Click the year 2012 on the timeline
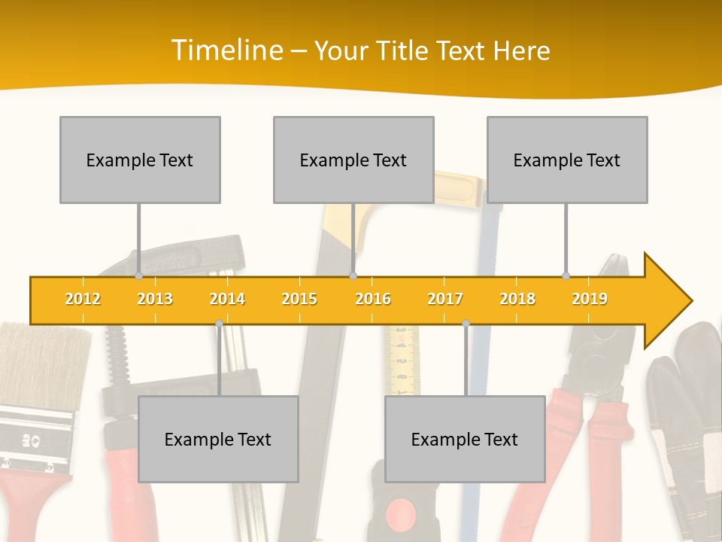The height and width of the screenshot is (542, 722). click(83, 299)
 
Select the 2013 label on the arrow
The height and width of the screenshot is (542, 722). click(155, 299)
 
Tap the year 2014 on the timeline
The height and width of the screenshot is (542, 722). click(227, 299)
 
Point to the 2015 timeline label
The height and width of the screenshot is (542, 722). click(299, 299)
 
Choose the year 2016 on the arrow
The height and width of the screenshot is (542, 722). click(373, 299)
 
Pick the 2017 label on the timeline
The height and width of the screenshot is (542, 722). click(445, 299)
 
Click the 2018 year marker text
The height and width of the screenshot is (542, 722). click(517, 299)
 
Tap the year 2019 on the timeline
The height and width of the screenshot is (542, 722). click(590, 299)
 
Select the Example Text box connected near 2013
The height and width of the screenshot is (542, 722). click(140, 160)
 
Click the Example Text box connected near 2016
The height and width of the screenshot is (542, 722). click(353, 160)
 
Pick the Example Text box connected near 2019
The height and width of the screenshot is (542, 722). click(567, 160)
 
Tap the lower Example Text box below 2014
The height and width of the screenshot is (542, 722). click(218, 439)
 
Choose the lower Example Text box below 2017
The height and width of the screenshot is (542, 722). click(465, 439)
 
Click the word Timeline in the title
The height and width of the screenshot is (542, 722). click(226, 50)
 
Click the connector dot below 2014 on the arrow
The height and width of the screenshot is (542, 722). click(219, 323)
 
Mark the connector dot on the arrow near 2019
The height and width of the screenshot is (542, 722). click(566, 276)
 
